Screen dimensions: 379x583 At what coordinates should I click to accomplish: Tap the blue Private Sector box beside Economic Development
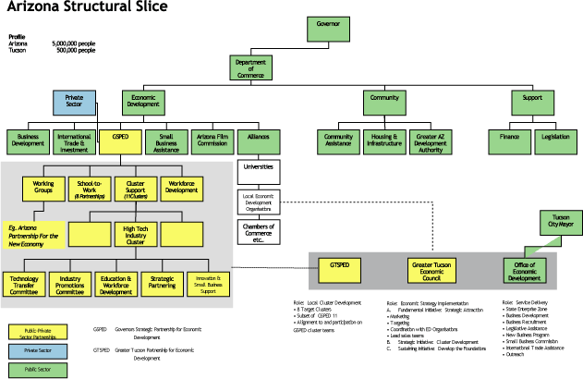tap(75, 103)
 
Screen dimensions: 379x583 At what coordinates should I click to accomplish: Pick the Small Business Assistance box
tap(165, 141)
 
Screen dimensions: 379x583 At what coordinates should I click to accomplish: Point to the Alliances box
tap(258, 141)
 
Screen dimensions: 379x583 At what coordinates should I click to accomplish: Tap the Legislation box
tap(556, 141)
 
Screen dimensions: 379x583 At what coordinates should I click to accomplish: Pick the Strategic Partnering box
tap(164, 284)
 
